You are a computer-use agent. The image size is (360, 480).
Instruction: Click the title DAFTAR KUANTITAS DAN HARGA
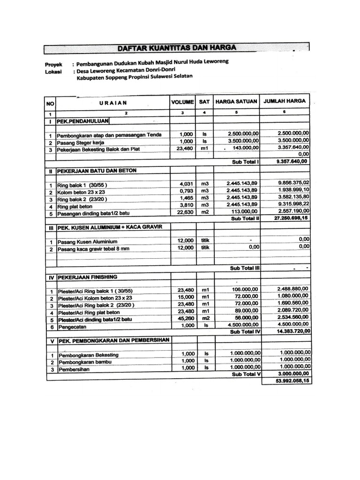pos(177,47)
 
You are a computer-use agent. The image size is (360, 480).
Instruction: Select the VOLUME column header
pos(182,101)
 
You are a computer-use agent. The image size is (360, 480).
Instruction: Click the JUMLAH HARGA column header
pos(285,101)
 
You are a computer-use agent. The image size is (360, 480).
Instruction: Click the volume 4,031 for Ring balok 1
pos(186,183)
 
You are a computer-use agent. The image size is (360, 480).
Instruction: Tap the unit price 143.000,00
pos(242,148)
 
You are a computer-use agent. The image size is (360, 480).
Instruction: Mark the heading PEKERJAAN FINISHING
pos(87,277)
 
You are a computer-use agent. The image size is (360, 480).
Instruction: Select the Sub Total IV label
pos(245,331)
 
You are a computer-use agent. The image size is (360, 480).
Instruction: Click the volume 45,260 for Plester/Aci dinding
pos(185,318)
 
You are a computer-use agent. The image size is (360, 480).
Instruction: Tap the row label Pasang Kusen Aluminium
pos(84,242)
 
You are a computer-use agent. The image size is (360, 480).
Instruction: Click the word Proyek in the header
pos(53,64)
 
